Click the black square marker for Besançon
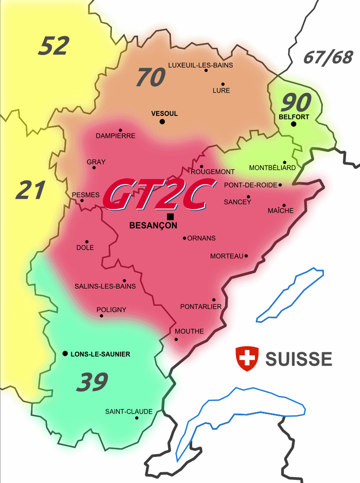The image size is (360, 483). tap(170, 216)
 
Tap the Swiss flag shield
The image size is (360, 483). tap(247, 359)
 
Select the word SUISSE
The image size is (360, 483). tap(299, 359)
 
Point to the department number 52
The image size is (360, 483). tap(54, 46)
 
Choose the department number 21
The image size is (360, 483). tap(31, 190)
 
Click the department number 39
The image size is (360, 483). tap(92, 382)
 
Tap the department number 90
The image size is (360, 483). tap(296, 103)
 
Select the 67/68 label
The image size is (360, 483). tap(328, 57)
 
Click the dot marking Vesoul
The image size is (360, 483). tap(162, 121)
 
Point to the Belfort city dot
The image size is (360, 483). tap(293, 124)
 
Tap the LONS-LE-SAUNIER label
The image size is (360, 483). tap(100, 354)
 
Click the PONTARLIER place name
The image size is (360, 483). tap(201, 307)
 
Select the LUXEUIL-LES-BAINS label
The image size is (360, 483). tap(200, 65)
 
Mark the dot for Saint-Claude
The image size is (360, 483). tap(136, 418)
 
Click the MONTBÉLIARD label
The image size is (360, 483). tap(272, 168)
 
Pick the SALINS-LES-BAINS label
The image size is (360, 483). tap(105, 286)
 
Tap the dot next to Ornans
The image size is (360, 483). tap(184, 238)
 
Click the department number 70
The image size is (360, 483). tap(151, 77)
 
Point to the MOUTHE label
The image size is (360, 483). tap(189, 331)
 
